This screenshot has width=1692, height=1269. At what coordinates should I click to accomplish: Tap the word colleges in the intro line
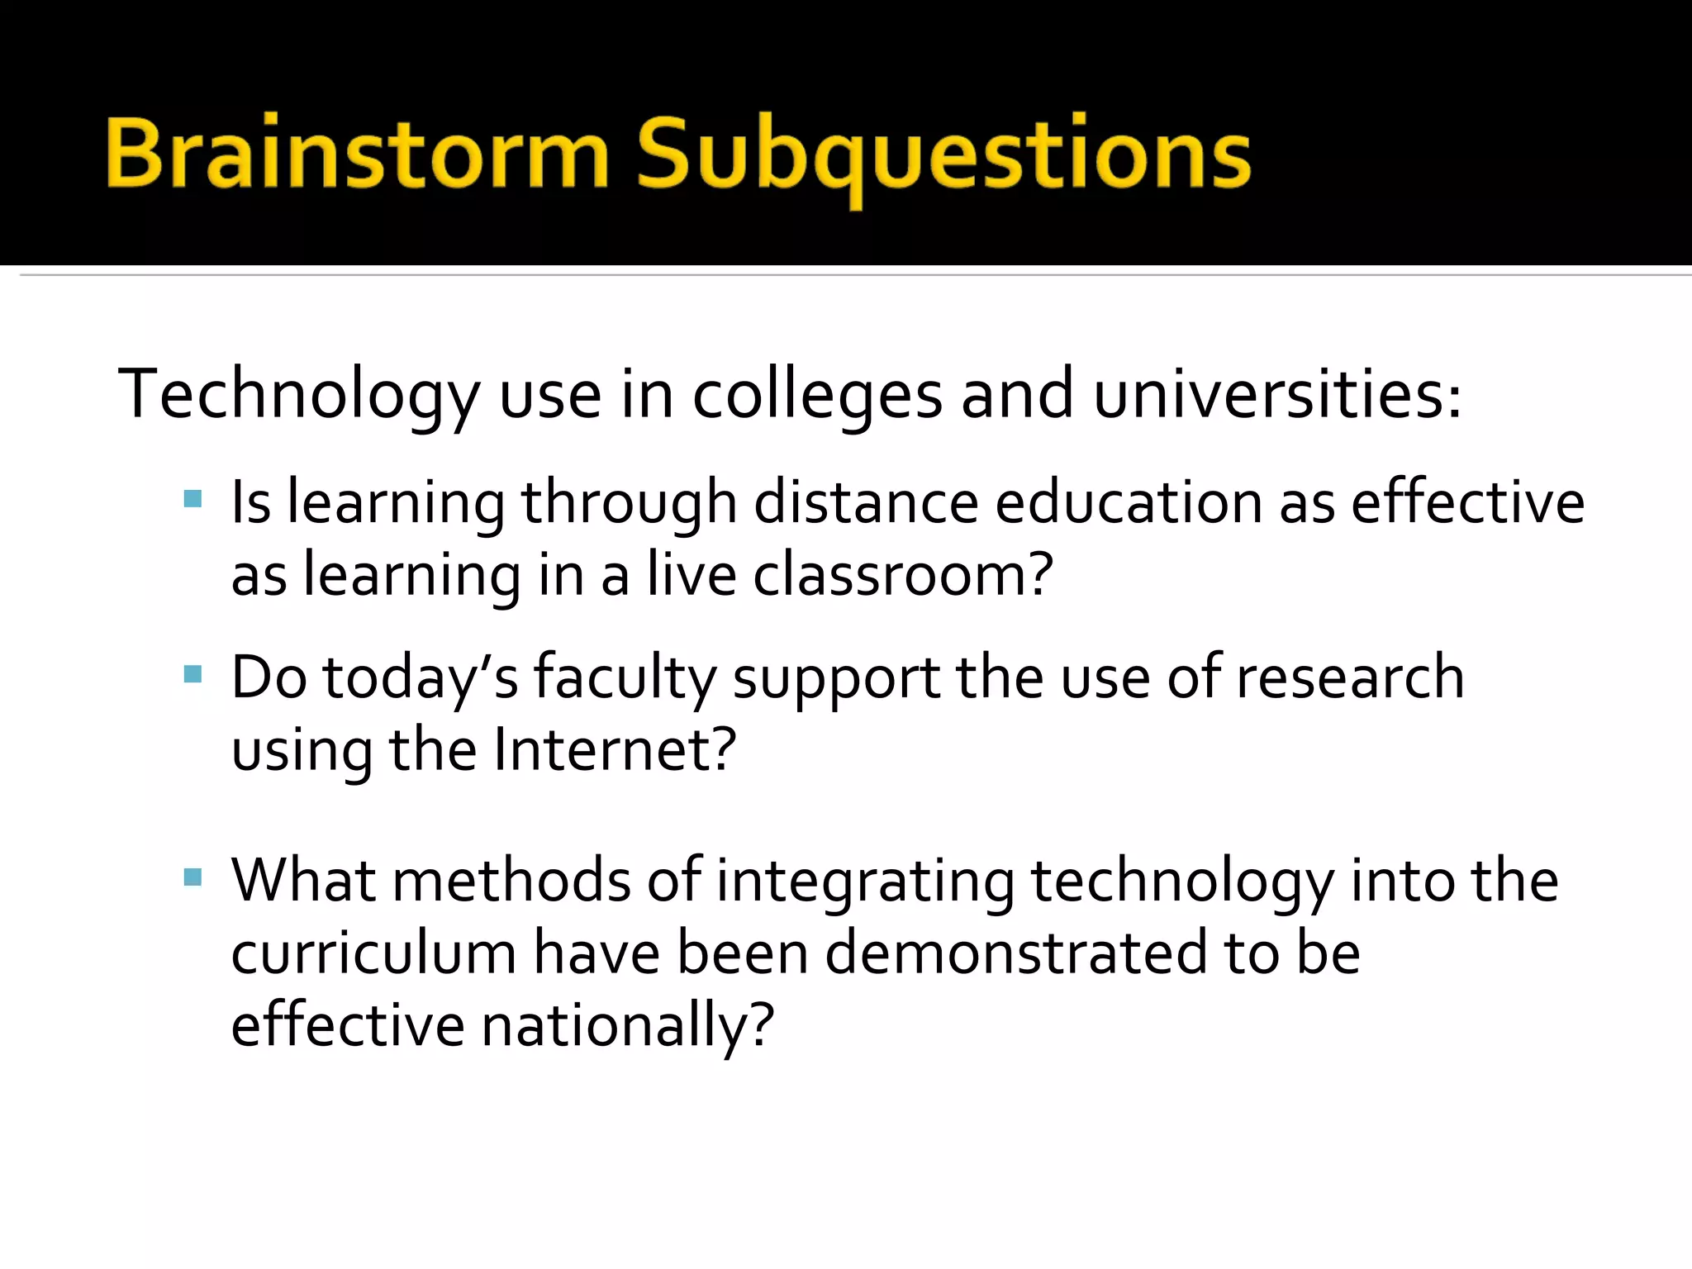point(816,395)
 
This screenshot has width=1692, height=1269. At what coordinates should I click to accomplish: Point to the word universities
point(1277,395)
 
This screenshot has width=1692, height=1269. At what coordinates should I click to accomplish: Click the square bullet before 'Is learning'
point(192,498)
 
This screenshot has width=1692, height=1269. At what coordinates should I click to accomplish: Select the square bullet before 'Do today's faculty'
point(192,674)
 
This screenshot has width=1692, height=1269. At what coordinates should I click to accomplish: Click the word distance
point(865,502)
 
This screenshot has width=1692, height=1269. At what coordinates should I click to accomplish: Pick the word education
point(1129,502)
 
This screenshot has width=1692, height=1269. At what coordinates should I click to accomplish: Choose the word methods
point(511,881)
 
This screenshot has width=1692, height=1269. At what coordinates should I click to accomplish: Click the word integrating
point(865,882)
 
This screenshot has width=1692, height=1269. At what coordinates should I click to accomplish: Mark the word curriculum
point(373,953)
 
